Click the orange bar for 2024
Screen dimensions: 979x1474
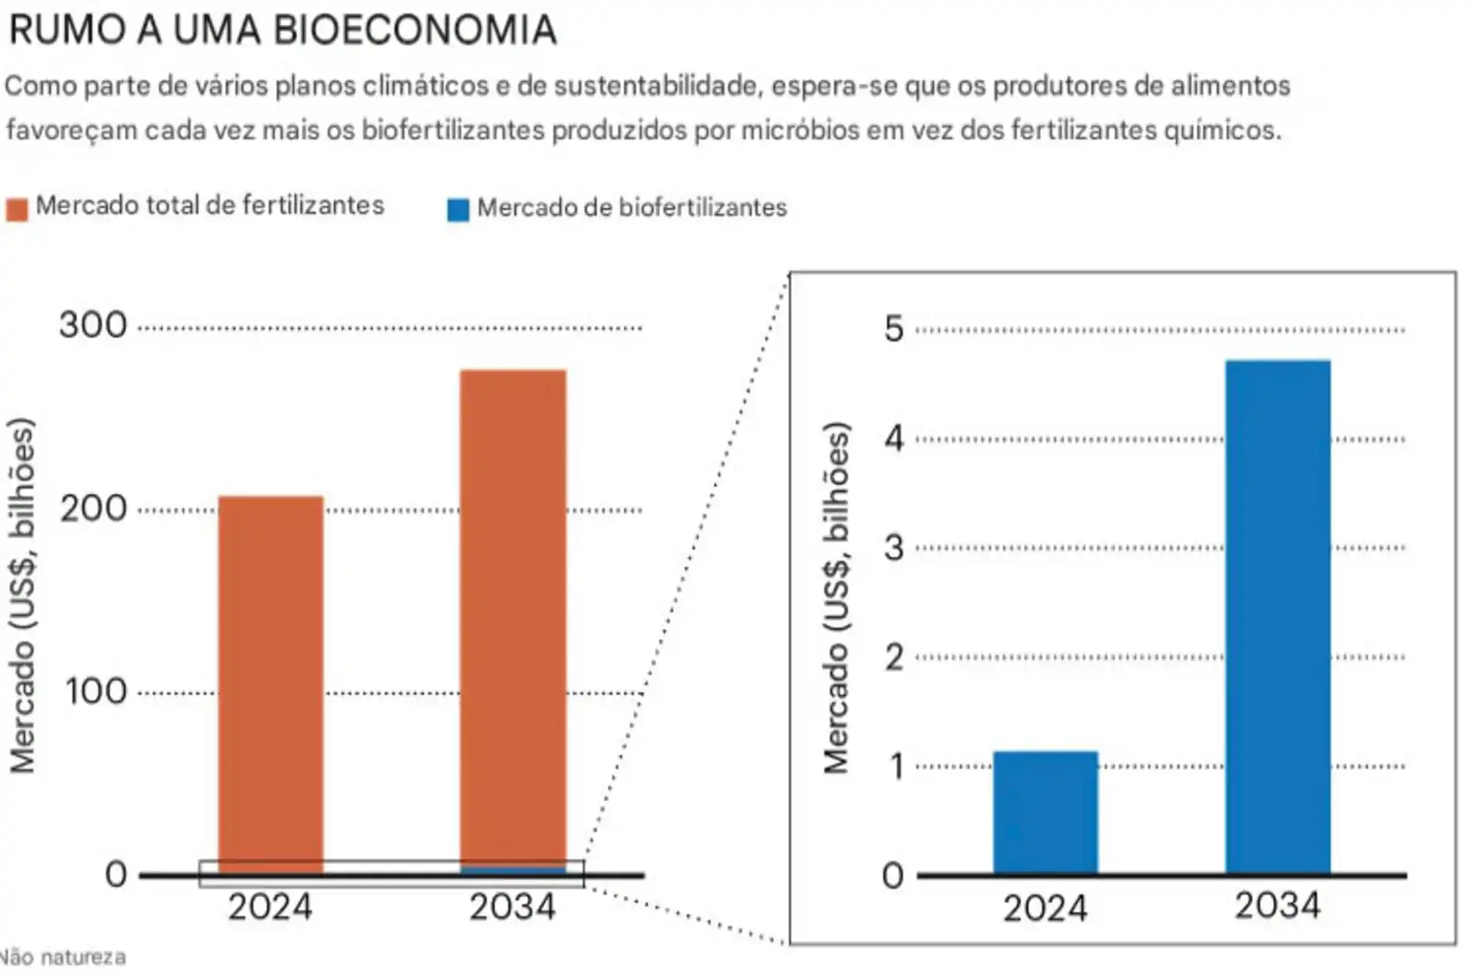(x=270, y=683)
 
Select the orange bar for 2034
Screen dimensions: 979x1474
(x=512, y=621)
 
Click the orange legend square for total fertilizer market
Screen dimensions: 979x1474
(x=17, y=209)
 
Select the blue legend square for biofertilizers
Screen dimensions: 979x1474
(x=458, y=210)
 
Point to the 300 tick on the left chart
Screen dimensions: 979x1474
(x=93, y=325)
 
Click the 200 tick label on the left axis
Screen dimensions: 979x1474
(x=93, y=509)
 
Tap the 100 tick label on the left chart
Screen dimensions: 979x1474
(x=95, y=691)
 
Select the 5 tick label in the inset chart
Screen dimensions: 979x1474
(x=894, y=329)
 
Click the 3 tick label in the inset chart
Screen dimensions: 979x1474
(x=894, y=548)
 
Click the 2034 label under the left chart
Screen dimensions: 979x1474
(x=512, y=907)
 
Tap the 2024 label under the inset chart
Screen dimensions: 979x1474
(x=1045, y=908)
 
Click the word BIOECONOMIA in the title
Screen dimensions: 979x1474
(x=415, y=31)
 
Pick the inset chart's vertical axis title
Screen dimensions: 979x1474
(x=836, y=597)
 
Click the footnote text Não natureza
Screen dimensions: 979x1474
(x=64, y=957)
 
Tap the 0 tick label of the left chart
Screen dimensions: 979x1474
(x=116, y=875)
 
